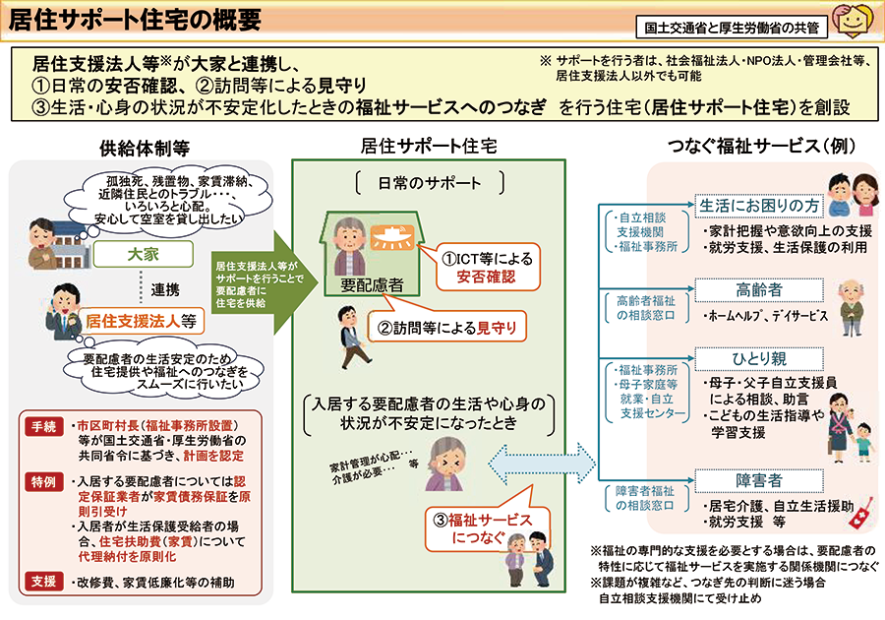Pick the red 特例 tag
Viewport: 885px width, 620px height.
pos(45,482)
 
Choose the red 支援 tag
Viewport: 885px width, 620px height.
pos(45,582)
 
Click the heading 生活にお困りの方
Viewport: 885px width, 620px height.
pos(759,206)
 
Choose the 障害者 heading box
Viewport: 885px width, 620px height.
pos(758,480)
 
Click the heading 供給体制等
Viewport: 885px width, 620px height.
pos(144,148)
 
